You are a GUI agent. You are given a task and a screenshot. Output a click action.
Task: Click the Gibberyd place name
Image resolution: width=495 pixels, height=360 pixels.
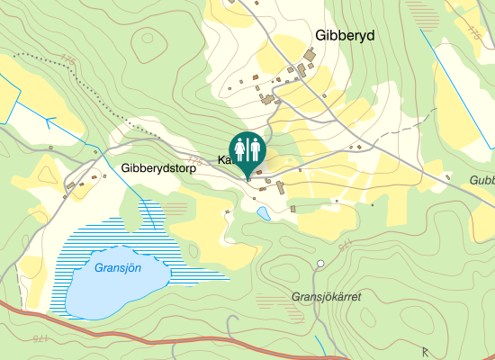[345, 35]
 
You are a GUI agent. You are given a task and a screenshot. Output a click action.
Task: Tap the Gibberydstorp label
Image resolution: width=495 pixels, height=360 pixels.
[157, 167]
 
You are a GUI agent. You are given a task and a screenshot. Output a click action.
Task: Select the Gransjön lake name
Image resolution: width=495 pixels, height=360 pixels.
[118, 267]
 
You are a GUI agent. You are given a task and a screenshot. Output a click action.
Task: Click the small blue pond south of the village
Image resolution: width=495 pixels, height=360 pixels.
[263, 214]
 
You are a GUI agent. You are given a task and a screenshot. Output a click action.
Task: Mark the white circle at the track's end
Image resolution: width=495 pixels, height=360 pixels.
[320, 264]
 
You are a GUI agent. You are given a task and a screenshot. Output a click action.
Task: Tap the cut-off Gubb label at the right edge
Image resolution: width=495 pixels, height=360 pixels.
[482, 180]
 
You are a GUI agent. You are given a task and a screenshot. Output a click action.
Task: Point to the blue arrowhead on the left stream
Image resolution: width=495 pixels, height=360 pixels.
[49, 119]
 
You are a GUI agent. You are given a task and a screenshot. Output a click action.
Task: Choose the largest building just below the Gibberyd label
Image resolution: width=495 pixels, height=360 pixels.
[310, 57]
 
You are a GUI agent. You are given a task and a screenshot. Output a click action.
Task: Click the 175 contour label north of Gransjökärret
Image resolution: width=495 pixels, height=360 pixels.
[344, 245]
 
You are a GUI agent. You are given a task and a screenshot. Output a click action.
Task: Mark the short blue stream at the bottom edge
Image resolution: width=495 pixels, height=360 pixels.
[322, 344]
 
